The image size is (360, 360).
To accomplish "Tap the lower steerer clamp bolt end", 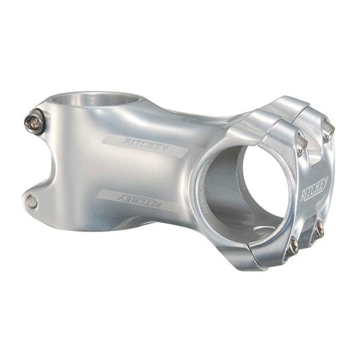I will coord(31,202).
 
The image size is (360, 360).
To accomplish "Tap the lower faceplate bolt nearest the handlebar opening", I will coord(293,244).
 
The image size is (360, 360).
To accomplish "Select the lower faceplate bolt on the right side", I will coord(320,227).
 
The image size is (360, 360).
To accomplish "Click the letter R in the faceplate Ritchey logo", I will coord(305,194).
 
